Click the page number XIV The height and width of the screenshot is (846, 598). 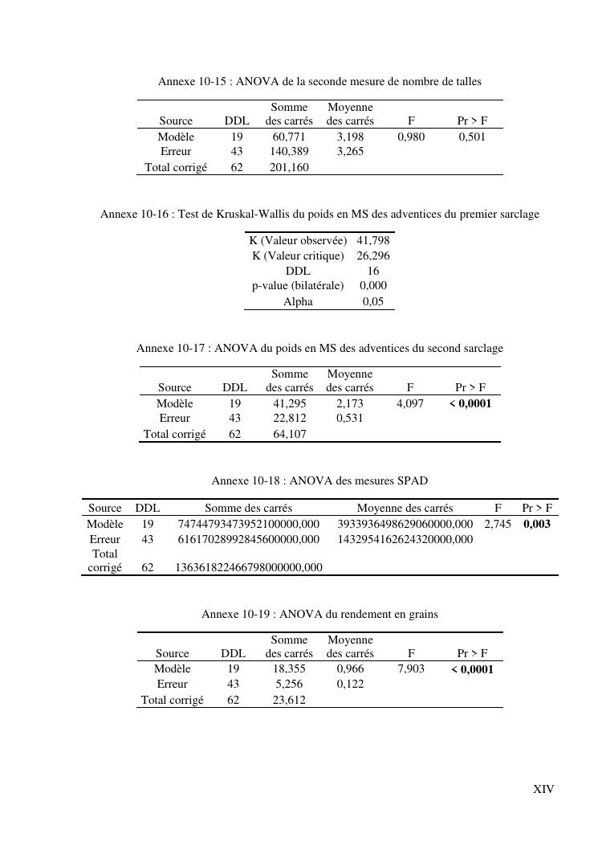(x=543, y=789)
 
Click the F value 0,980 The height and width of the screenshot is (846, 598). (x=411, y=137)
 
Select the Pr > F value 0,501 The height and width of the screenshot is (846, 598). (x=472, y=137)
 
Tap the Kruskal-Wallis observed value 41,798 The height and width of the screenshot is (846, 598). (x=372, y=240)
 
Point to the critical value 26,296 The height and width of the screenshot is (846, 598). (x=372, y=255)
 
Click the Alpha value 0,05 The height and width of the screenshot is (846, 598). (x=372, y=301)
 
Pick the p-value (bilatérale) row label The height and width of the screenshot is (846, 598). (x=298, y=285)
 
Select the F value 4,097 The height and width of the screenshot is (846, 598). (x=410, y=403)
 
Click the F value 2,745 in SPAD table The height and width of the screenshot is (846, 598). (x=498, y=524)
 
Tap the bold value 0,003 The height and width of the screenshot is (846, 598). (x=537, y=524)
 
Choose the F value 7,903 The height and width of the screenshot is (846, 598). (x=411, y=668)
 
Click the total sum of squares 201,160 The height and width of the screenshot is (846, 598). (x=289, y=167)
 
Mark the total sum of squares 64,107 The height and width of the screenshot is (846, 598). (x=290, y=434)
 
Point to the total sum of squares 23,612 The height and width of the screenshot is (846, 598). (x=289, y=700)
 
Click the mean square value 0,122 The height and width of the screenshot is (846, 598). (x=350, y=684)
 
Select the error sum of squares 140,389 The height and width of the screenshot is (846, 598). (x=289, y=151)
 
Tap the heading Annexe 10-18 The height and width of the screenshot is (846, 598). (x=319, y=481)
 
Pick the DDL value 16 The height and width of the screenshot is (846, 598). (x=372, y=271)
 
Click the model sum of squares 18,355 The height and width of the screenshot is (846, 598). (x=289, y=668)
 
